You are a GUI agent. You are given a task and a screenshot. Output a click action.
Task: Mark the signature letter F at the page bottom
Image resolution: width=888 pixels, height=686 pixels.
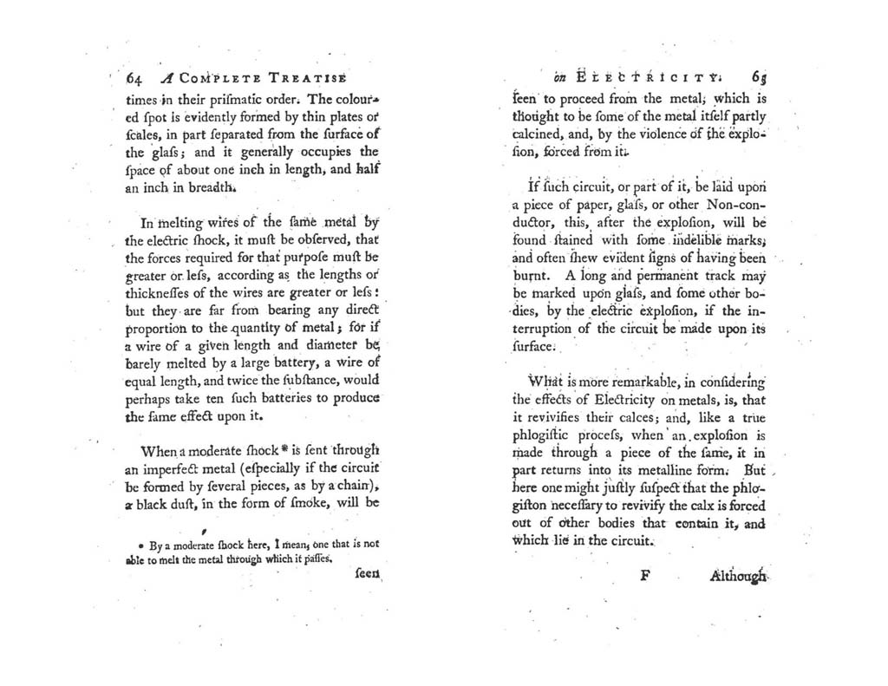pos(644,574)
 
